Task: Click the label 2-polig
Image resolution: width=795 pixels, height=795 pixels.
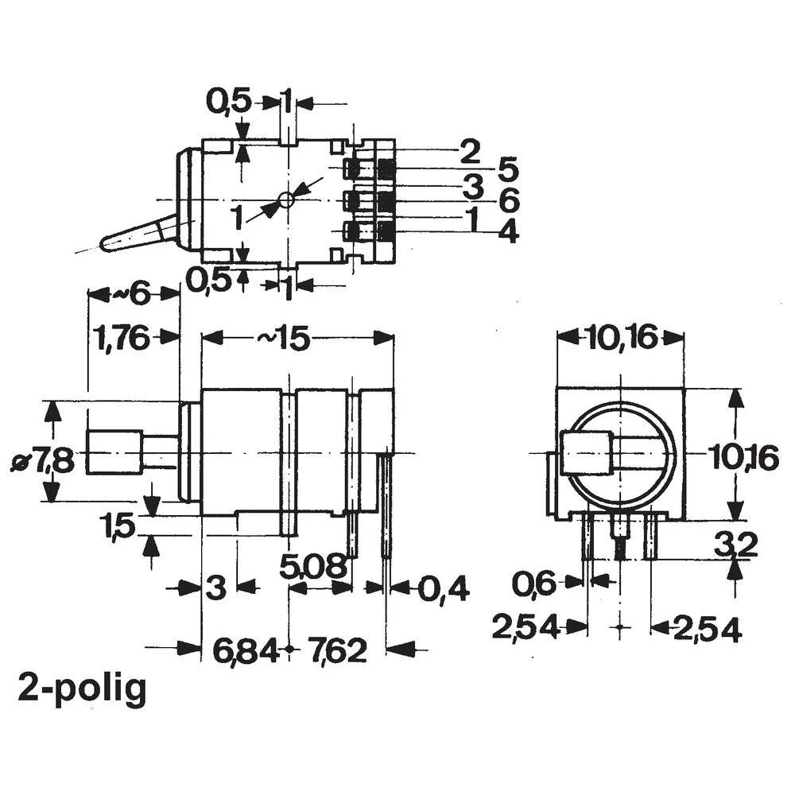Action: (83, 688)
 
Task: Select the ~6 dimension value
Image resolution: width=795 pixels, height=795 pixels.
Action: (130, 295)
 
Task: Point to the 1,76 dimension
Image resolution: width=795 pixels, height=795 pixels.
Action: (121, 339)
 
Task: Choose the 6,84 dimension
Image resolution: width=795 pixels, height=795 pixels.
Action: (246, 651)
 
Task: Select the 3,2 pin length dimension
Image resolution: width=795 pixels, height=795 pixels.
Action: (735, 545)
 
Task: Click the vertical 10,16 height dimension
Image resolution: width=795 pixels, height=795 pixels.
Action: (743, 459)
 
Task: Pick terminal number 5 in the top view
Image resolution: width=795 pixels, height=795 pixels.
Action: (508, 169)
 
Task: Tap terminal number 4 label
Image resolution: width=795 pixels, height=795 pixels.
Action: (508, 233)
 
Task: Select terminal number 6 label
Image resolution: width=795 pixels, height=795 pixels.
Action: (510, 200)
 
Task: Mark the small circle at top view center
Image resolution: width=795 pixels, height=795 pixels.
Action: (286, 199)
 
